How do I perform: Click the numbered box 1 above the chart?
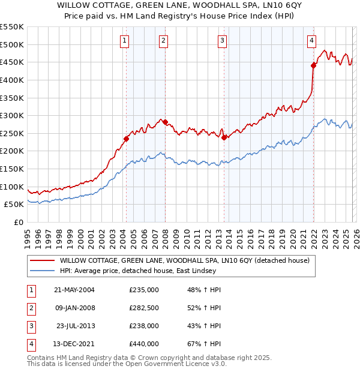[x=124, y=41]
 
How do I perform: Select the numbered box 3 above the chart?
[x=222, y=41]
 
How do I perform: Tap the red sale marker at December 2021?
[x=313, y=65]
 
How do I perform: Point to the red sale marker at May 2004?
[x=126, y=139]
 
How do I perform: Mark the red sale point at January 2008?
[x=165, y=122]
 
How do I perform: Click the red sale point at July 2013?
[x=224, y=137]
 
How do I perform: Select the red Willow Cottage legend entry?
[x=184, y=260]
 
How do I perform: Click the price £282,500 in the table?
[x=144, y=309]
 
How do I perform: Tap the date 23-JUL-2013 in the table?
[x=74, y=326]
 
